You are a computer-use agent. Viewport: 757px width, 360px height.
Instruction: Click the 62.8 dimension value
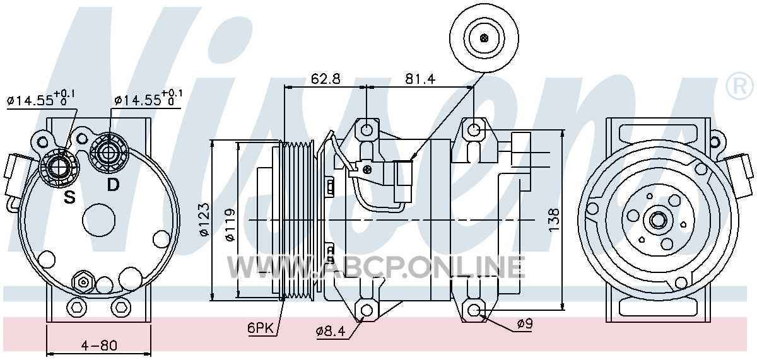(x=326, y=79)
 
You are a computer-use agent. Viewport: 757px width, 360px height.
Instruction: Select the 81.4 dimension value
(x=420, y=79)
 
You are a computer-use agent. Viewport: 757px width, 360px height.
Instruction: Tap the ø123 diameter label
(x=204, y=219)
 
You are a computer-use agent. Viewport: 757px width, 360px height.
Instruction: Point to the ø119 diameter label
(x=230, y=225)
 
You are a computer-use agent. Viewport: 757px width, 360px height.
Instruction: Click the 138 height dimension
(x=554, y=220)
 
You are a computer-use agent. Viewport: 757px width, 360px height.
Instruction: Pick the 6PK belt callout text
(x=260, y=328)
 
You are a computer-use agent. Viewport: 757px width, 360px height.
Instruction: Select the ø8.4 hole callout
(x=331, y=332)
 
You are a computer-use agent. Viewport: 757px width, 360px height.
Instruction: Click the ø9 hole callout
(x=524, y=324)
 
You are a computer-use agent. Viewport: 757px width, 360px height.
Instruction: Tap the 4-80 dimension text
(x=99, y=345)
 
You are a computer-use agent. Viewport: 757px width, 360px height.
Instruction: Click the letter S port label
(x=69, y=197)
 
